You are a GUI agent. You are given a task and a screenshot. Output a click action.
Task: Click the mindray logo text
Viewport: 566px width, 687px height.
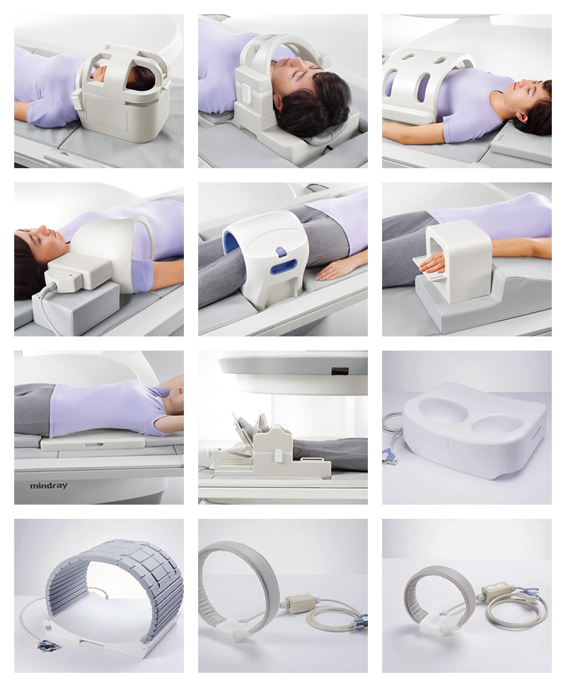pyautogui.click(x=49, y=486)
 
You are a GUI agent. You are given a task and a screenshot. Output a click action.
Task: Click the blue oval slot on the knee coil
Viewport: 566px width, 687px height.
pyautogui.click(x=283, y=266)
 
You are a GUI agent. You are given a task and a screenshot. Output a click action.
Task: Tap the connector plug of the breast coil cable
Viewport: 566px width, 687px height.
pyautogui.click(x=389, y=457)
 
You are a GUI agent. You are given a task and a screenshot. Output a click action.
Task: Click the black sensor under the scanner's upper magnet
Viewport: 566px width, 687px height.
pyautogui.click(x=340, y=371)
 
